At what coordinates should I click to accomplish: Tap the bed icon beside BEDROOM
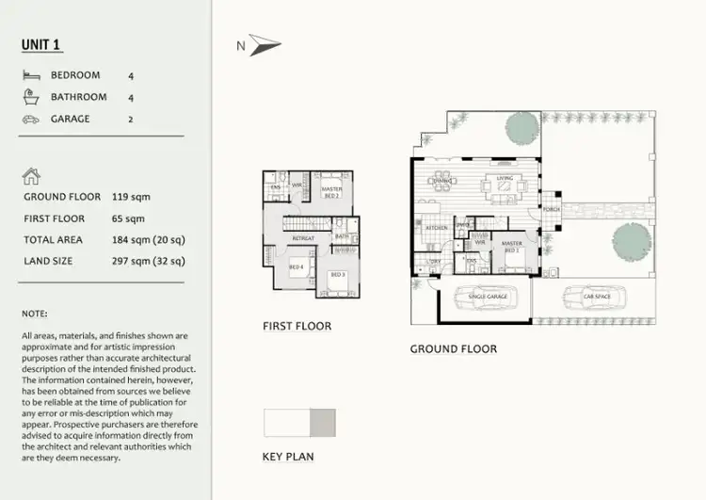tap(32, 74)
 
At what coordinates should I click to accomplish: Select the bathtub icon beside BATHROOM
tap(32, 97)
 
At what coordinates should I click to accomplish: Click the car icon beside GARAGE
tap(32, 120)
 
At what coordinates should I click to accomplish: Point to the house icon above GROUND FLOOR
tap(31, 175)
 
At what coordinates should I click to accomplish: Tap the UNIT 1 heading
tap(42, 44)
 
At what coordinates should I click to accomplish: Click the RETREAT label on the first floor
tap(302, 239)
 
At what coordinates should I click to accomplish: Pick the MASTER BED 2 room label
tap(331, 192)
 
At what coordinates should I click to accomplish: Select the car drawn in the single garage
tap(489, 297)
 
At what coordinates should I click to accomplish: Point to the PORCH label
tap(549, 209)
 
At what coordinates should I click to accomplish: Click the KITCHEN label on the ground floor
tap(435, 228)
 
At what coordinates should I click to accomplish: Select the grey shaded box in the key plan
tap(322, 423)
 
